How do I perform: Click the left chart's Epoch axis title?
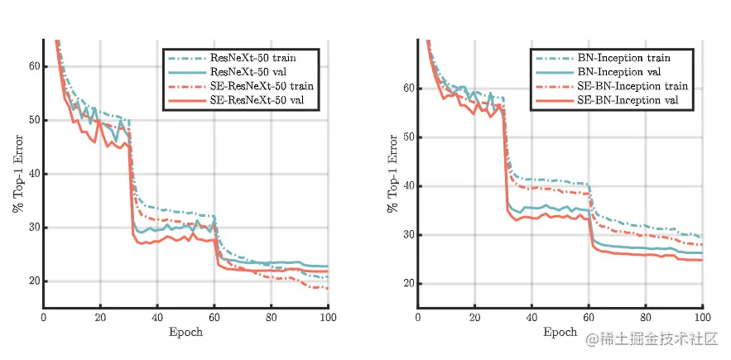tap(186, 332)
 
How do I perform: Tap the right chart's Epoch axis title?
tap(560, 332)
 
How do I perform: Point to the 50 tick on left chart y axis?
tap(34, 120)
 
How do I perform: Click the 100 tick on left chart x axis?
tap(329, 317)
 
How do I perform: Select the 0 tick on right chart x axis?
tap(418, 317)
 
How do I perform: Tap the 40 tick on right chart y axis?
tap(407, 186)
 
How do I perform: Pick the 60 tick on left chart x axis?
tap(214, 317)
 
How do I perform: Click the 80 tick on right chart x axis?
tap(645, 317)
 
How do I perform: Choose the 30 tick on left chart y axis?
tap(34, 228)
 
